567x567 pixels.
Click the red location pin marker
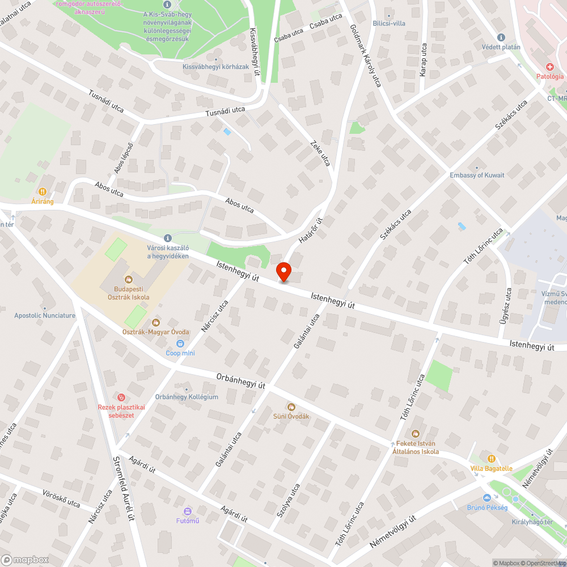(x=283, y=271)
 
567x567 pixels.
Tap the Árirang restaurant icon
(x=43, y=192)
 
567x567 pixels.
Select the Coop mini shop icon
(x=180, y=343)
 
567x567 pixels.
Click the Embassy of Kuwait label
(x=477, y=175)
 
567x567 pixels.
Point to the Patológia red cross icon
(x=550, y=66)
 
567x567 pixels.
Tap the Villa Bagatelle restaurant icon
(x=491, y=458)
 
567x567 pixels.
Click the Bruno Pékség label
(x=487, y=507)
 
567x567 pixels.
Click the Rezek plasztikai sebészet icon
(x=121, y=397)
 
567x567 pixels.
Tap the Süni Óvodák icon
(x=291, y=407)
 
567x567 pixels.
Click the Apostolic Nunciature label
(x=45, y=315)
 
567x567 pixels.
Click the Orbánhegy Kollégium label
(x=187, y=397)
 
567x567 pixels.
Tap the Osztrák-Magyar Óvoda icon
(x=155, y=322)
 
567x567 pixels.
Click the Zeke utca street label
(x=320, y=153)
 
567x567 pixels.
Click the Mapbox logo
(x=25, y=560)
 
